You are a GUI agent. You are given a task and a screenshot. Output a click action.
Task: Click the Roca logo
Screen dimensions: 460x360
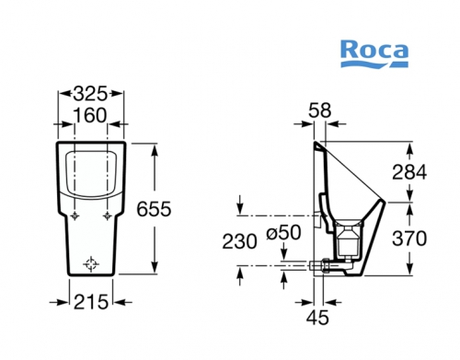[x=374, y=54]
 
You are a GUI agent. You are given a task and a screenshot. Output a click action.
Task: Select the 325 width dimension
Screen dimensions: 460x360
[x=90, y=94]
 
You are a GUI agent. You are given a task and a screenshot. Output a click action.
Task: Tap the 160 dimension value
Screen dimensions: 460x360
[x=90, y=115]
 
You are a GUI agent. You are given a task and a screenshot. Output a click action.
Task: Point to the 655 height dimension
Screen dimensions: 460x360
[x=154, y=209]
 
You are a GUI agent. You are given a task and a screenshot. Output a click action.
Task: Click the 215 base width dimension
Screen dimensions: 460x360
[x=91, y=302]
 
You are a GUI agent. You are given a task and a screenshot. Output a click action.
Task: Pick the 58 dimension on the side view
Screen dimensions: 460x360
[x=320, y=110]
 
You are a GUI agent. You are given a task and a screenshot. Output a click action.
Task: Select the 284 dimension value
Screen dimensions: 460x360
[x=409, y=172]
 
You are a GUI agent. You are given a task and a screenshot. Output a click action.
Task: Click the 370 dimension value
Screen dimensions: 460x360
[x=409, y=238]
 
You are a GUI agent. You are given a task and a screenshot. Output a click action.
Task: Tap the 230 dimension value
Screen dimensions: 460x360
[x=239, y=241]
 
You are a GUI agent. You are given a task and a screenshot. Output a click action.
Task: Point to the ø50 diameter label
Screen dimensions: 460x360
[x=283, y=233]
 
